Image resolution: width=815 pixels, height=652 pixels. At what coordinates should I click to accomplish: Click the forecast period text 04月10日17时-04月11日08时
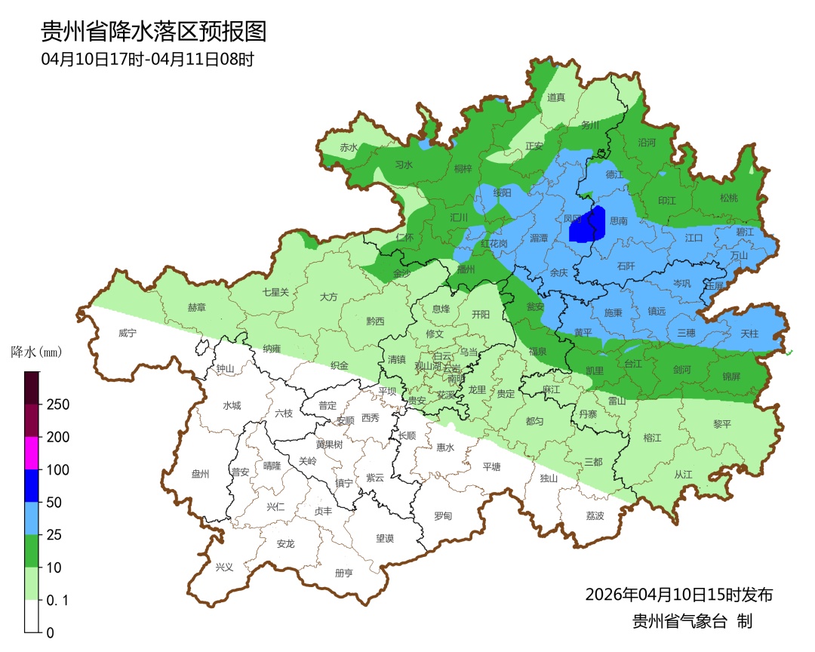click(147, 59)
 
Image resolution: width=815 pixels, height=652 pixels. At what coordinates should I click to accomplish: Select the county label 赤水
click(349, 148)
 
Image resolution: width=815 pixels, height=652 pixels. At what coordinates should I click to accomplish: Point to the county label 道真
click(556, 97)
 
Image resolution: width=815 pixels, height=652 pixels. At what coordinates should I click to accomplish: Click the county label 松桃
click(729, 198)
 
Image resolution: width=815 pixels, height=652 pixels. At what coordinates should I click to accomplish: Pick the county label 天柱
click(749, 333)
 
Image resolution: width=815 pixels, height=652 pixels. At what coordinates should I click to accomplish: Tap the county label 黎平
click(723, 424)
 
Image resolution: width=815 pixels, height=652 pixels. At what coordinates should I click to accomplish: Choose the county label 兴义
click(225, 567)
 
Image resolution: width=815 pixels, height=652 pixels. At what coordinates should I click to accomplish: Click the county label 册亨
click(343, 573)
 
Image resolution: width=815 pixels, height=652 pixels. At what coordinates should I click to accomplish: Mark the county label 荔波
click(595, 516)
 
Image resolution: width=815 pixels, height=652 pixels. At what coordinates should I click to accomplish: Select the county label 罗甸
click(443, 516)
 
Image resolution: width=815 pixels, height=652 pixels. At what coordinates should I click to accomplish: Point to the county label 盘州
click(200, 474)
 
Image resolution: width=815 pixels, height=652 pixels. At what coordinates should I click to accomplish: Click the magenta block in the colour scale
click(32, 453)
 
